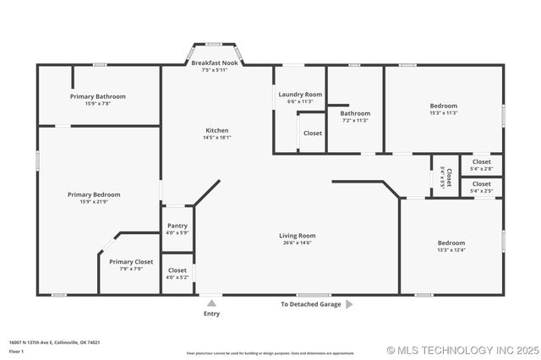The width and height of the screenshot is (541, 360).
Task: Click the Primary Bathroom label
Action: click(x=98, y=96)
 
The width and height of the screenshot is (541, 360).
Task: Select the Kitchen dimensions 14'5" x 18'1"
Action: click(x=217, y=137)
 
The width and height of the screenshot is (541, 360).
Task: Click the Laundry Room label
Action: click(x=300, y=94)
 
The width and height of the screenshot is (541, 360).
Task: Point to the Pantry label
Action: click(x=178, y=226)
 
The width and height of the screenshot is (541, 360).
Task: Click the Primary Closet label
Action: click(x=131, y=262)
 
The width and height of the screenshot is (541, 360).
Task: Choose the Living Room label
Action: click(x=297, y=236)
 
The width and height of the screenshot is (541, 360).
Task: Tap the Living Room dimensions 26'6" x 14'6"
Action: click(x=297, y=243)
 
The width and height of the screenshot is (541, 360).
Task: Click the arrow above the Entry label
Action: click(x=211, y=303)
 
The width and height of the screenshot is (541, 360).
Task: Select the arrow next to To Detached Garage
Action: click(x=349, y=304)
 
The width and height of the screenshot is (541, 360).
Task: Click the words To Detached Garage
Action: click(x=310, y=304)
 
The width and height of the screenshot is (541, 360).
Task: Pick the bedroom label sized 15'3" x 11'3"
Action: click(x=444, y=106)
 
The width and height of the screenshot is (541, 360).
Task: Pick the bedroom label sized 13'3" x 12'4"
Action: click(x=451, y=243)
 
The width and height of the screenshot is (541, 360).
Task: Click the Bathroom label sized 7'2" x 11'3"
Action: click(x=355, y=113)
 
